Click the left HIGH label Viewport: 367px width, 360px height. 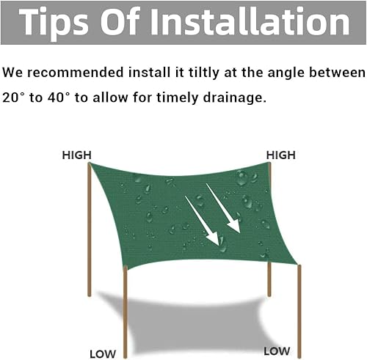point(76,155)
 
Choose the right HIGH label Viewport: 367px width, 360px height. point(280,155)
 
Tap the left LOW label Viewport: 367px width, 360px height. point(103,353)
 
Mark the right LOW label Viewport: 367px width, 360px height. point(277,350)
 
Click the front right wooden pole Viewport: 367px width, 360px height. point(299,304)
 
